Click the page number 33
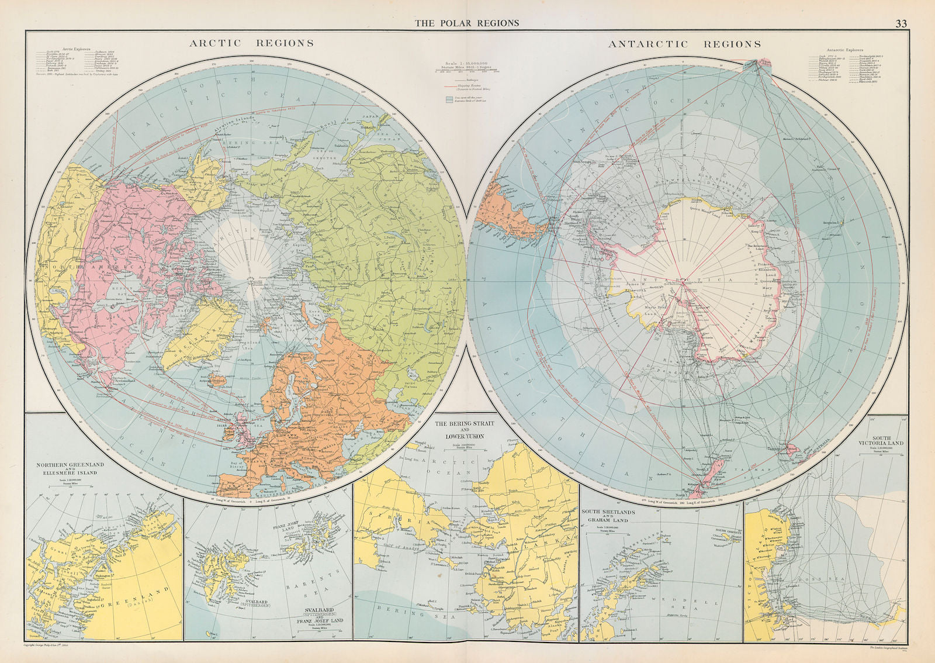(901, 23)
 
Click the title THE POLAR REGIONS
(467, 23)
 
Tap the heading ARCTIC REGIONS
(251, 43)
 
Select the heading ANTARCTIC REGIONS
(684, 44)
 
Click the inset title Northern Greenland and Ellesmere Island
(70, 468)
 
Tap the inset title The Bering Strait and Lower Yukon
(462, 430)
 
